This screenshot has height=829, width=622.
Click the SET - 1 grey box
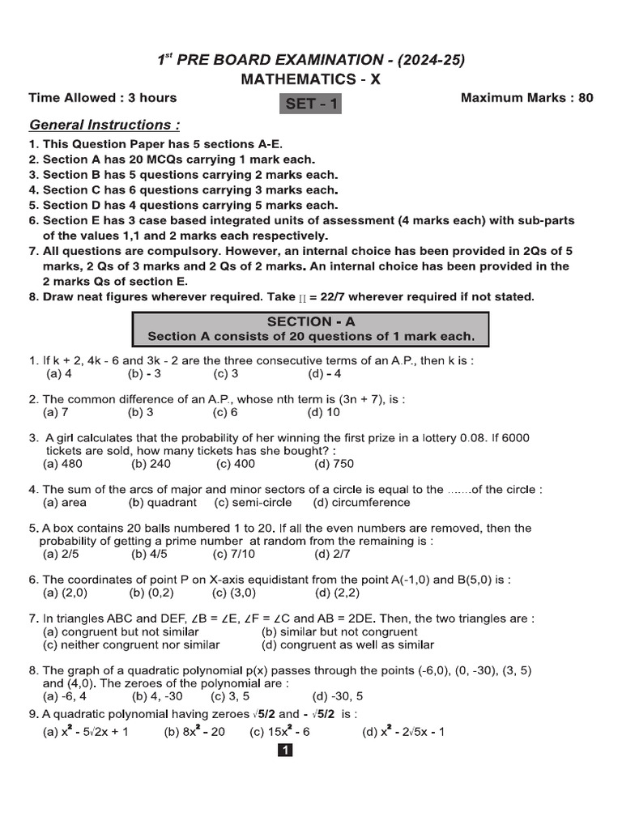pos(310,104)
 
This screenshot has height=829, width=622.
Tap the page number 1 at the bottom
pos(285,750)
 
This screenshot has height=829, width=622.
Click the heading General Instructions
pos(104,125)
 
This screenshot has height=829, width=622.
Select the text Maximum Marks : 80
pos(526,98)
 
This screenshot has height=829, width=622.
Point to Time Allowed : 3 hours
pos(103,98)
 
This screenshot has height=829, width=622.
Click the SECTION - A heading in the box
pos(311,321)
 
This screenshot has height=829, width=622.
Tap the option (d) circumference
pos(361,503)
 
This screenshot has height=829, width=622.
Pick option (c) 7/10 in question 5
pos(234,555)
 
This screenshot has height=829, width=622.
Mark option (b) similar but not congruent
pos(339,631)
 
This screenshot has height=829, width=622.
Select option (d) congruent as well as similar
pos(347,645)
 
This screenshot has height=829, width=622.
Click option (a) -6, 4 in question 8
pos(64,696)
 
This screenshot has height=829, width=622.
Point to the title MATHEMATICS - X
pos(310,79)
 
